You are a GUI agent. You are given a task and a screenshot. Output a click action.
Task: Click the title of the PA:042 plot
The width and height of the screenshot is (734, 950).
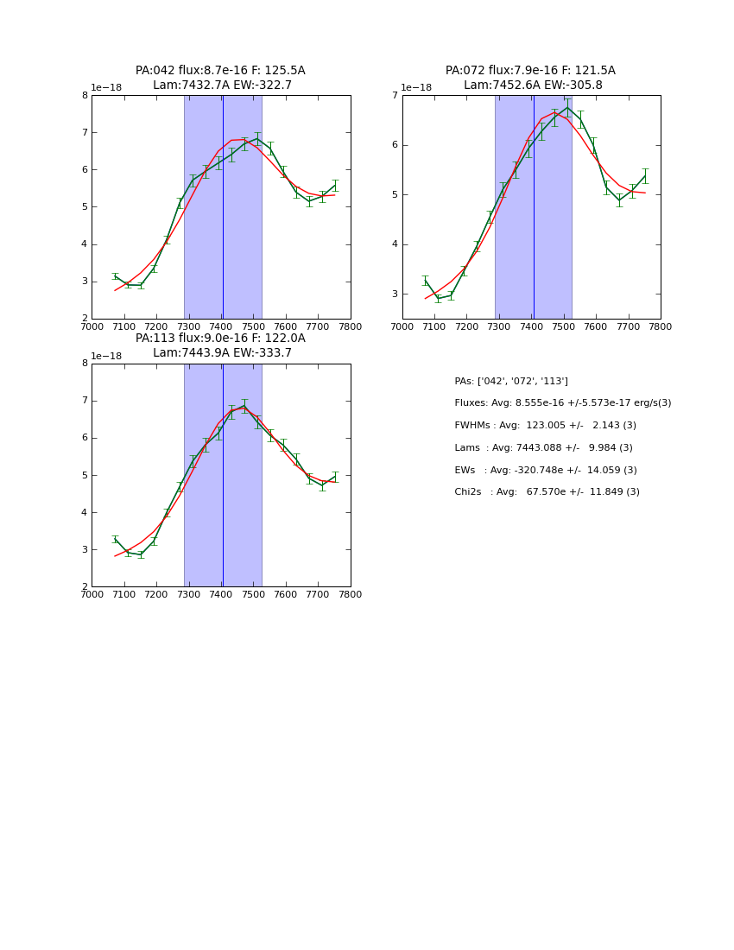220,78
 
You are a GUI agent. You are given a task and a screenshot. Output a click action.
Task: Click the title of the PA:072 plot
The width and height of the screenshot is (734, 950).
530,78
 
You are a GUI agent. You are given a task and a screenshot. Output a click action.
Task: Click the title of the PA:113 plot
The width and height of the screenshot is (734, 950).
220,345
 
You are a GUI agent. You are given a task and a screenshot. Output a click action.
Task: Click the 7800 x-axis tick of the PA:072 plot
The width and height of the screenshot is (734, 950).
661,326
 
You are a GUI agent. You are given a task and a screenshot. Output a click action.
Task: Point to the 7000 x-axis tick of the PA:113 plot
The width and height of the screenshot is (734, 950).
92,594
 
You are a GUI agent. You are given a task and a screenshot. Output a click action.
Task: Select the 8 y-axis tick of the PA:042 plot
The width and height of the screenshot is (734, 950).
85,96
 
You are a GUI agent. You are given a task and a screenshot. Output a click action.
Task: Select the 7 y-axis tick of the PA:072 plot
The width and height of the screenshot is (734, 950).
395,96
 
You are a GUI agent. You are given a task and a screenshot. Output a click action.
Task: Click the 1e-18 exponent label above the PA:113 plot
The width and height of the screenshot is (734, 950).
106,356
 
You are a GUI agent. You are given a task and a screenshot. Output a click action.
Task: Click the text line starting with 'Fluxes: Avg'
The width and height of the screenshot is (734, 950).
562,403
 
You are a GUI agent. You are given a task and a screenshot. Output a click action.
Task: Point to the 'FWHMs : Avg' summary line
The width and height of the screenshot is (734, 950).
545,426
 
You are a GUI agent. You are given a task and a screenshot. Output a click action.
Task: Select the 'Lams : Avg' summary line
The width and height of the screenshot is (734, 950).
543,448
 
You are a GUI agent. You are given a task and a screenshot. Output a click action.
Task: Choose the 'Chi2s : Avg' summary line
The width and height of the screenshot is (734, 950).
547,492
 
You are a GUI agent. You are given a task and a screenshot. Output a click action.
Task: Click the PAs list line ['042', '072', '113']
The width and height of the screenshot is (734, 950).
511,382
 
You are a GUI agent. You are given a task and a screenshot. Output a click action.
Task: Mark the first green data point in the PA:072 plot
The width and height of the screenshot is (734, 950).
425,280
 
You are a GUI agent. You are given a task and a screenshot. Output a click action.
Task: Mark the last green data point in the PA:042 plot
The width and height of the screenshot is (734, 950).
335,186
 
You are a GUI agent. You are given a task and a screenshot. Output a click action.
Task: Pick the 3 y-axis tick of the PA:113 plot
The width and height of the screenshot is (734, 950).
85,550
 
